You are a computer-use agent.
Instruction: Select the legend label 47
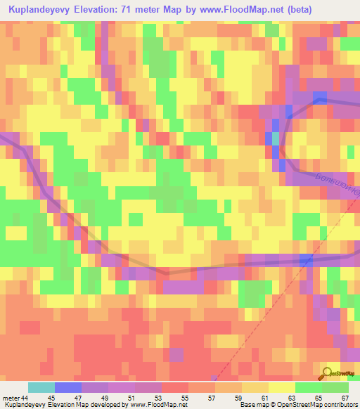coord(68,397)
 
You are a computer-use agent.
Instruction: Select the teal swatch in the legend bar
coord(41,387)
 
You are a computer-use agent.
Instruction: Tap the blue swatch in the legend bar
coord(68,387)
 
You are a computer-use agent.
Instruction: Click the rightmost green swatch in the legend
coord(335,387)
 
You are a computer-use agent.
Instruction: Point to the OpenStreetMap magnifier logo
coord(328,373)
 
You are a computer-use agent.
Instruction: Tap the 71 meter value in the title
coord(134,10)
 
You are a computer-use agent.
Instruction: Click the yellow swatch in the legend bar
coord(281,387)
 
